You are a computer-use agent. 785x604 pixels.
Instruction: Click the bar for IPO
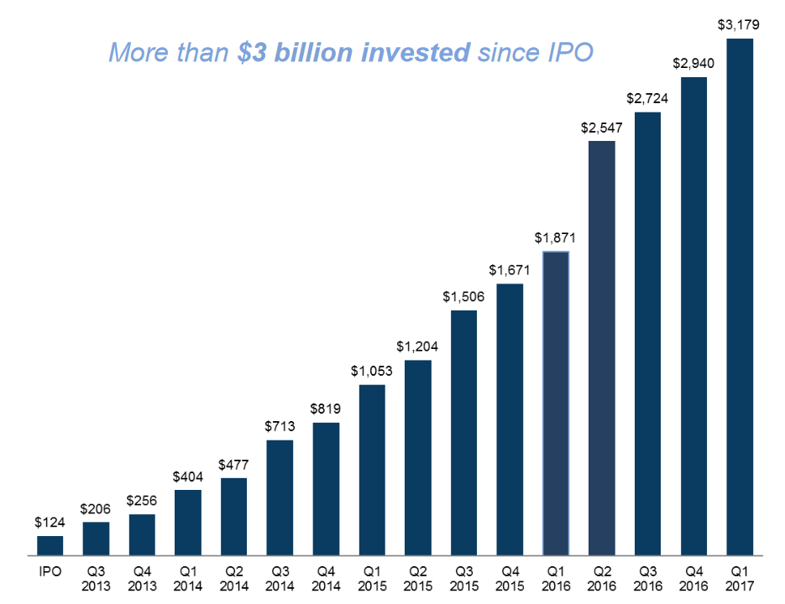[50, 545]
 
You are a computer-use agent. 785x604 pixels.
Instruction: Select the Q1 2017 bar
[740, 298]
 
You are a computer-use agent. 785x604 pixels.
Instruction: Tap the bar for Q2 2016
[601, 348]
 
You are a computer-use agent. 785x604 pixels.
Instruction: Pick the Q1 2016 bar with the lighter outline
[556, 403]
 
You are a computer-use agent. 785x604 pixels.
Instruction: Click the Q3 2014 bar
[280, 497]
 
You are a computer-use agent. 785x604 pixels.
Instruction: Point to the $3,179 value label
[739, 25]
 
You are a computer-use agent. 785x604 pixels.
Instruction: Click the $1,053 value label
[372, 372]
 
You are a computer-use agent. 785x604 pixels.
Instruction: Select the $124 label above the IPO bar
[50, 522]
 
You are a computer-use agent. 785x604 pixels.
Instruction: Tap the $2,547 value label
[601, 128]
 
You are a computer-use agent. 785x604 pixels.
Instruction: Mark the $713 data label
[280, 427]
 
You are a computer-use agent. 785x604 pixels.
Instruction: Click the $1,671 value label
[510, 271]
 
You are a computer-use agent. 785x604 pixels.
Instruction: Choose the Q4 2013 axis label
[142, 578]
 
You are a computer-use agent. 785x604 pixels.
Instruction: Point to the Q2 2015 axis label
[417, 578]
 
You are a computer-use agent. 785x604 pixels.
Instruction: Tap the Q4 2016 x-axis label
[693, 578]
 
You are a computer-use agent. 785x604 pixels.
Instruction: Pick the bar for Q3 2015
[463, 433]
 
